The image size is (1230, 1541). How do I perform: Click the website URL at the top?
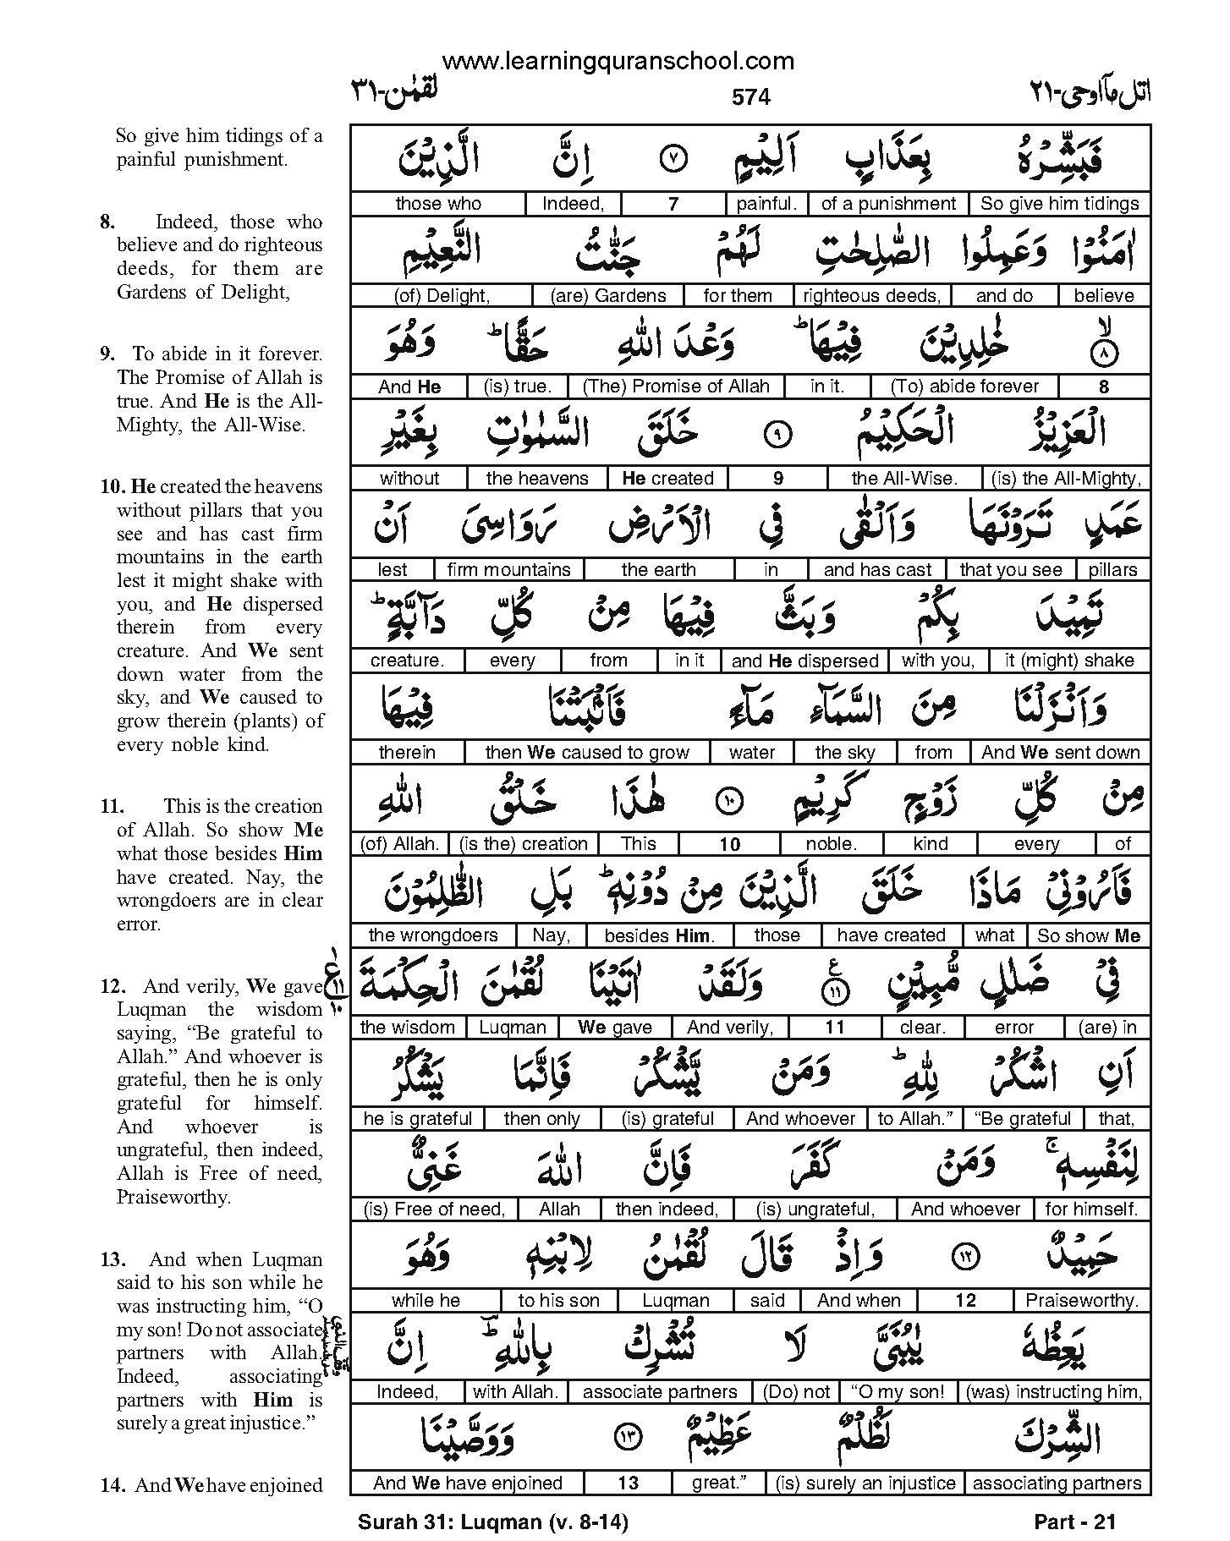(618, 61)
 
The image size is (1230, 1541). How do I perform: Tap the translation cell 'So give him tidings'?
(1059, 204)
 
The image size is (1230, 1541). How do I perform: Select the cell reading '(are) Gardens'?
(607, 295)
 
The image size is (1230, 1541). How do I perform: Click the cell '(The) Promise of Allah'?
(676, 387)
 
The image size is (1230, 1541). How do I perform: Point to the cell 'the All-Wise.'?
(904, 478)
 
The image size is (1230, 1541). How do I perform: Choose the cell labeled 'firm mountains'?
(508, 569)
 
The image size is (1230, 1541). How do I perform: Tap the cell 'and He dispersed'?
(804, 661)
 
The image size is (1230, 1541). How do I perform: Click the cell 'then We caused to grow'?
(586, 752)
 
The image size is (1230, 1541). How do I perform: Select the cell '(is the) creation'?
(523, 843)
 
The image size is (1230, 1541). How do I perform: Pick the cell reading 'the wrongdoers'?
(433, 935)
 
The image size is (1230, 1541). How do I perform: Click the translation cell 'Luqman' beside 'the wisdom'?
(513, 1027)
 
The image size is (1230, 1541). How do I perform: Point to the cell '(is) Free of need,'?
(433, 1209)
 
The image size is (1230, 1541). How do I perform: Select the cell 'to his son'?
(558, 1301)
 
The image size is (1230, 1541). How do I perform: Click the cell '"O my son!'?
(898, 1392)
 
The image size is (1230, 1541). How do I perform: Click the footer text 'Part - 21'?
(1074, 1522)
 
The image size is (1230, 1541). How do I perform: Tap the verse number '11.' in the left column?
(112, 806)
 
